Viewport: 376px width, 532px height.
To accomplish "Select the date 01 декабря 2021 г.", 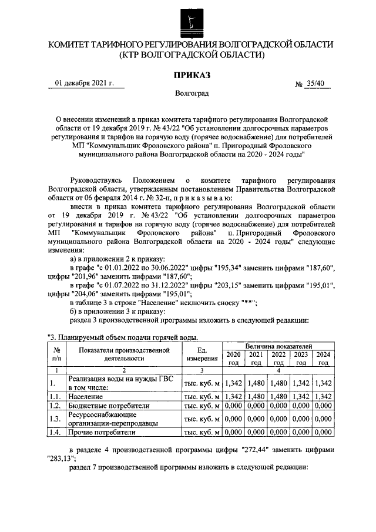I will click(x=84, y=83).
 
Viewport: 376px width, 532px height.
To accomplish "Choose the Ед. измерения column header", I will click(x=202, y=354).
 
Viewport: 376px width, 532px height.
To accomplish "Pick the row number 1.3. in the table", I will click(x=55, y=419).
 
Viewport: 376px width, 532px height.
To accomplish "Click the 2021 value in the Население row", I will click(x=256, y=397).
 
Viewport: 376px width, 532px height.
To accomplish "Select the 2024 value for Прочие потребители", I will click(x=323, y=432).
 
